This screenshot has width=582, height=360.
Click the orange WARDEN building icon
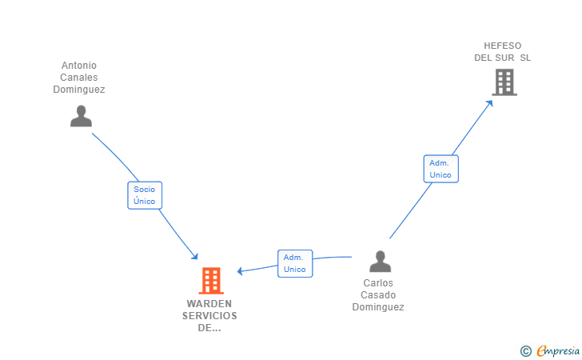[x=211, y=281]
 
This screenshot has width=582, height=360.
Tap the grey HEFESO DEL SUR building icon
[x=504, y=82]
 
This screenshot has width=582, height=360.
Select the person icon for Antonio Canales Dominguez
[x=81, y=116]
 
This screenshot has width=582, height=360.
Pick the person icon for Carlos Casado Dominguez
[x=380, y=261]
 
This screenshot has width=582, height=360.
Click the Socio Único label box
[x=145, y=195]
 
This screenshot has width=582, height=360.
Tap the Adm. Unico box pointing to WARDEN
[x=295, y=263]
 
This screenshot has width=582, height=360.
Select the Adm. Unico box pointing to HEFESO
[x=441, y=169]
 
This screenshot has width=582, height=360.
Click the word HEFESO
[x=503, y=46]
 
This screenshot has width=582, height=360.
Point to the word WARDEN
[x=209, y=304]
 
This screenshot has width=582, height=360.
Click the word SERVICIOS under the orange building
[x=209, y=316]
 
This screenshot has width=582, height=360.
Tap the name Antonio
[x=79, y=66]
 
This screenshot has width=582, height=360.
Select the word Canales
[x=79, y=78]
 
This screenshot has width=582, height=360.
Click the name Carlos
[x=378, y=283]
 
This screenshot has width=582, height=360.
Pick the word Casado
[x=378, y=295]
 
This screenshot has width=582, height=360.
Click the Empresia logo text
[x=558, y=350]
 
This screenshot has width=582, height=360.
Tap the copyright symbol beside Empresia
[x=525, y=351]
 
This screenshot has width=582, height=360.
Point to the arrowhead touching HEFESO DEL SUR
[x=490, y=103]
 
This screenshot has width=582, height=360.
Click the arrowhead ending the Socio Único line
[x=195, y=256]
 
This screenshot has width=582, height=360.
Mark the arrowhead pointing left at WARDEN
[x=240, y=271]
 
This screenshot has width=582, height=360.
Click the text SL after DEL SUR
[x=525, y=58]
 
